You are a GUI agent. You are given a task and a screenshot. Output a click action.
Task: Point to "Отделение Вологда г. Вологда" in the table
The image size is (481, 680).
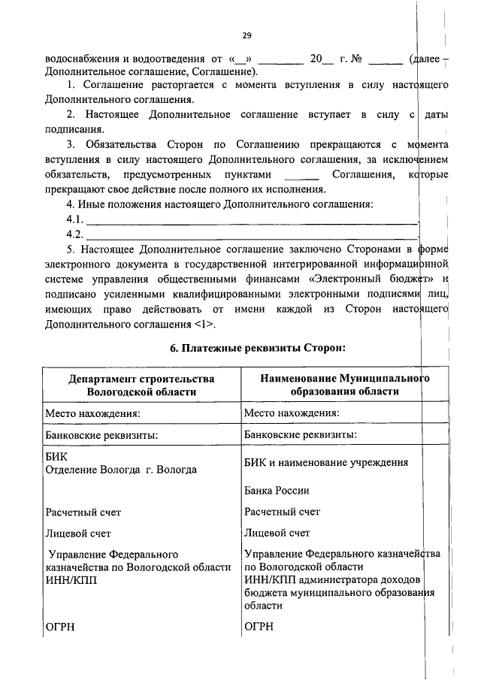pyautogui.click(x=121, y=470)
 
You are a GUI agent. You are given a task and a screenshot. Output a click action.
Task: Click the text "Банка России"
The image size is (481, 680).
pyautogui.click(x=277, y=491)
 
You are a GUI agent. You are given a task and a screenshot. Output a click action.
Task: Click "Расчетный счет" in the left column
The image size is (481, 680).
pyautogui.click(x=83, y=512)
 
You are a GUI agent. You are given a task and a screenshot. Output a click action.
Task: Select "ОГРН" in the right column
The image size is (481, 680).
pyautogui.click(x=259, y=627)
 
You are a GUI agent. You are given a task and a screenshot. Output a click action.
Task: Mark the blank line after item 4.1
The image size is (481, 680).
pyautogui.click(x=253, y=219)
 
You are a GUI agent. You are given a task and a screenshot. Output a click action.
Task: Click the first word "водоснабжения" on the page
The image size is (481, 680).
pyautogui.click(x=82, y=59)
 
